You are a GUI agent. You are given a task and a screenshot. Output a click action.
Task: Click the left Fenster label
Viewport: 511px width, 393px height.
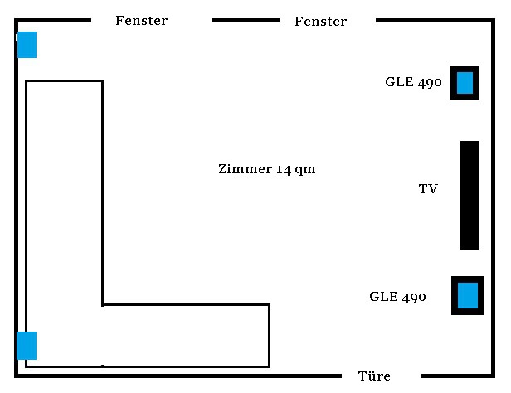point(142,20)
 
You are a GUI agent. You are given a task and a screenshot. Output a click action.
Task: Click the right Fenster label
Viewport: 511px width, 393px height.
point(321,22)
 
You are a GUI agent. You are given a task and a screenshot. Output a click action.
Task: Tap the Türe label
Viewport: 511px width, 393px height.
point(374,376)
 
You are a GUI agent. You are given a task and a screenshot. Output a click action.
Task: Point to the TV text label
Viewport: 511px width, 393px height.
point(428,189)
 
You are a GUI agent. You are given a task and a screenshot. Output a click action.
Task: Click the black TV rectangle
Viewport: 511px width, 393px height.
point(470,195)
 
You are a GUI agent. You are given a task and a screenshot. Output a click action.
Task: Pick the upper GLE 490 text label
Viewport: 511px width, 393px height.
point(413,82)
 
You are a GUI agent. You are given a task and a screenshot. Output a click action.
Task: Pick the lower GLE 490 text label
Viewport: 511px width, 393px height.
point(397,296)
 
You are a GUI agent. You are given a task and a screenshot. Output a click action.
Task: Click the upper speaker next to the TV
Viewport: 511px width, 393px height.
point(465,83)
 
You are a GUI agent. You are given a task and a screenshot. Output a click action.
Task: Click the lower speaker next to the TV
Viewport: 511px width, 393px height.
point(468,295)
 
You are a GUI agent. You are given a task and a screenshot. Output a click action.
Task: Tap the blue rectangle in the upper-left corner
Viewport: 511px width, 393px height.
point(27,44)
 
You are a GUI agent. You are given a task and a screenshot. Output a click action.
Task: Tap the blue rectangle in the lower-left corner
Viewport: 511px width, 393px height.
point(27,345)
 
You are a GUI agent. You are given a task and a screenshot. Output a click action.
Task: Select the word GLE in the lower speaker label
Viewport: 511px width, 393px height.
point(382,296)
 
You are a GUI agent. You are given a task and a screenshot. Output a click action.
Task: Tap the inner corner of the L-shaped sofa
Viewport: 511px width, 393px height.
point(102,304)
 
